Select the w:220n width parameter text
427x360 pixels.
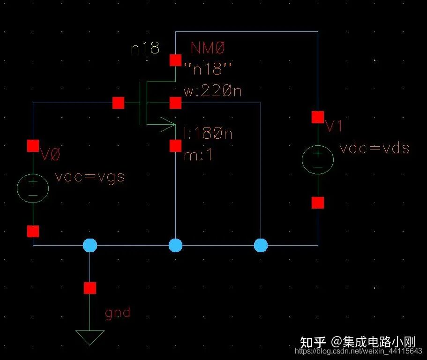pos(212,90)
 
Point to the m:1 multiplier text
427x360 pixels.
pos(198,155)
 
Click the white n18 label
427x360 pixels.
pos(145,48)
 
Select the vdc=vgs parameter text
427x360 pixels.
pos(90,177)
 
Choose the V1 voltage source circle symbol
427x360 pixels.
pos(317,159)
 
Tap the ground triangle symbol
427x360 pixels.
pos(90,336)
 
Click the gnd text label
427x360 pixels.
pos(117,312)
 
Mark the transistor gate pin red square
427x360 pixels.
pos(118,103)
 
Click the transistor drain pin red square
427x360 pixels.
pos(175,60)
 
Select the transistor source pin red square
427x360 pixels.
pos(175,146)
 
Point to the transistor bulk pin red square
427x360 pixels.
pos(175,103)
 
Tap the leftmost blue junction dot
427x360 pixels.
pos(90,245)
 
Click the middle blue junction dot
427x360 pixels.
pos(175,245)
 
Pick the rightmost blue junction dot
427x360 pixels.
pos(261,245)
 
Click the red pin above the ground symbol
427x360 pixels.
pos(90,288)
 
